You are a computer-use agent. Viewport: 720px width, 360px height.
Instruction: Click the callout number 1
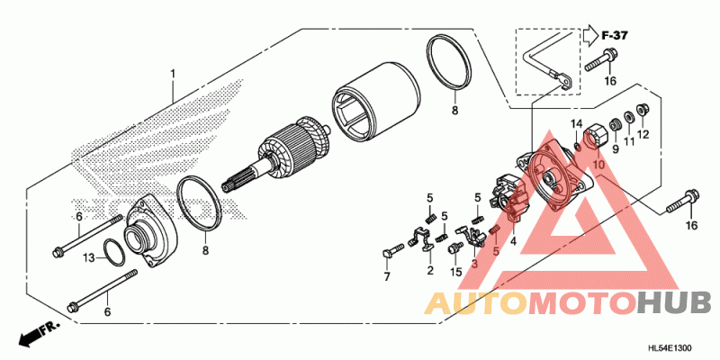coord(173,74)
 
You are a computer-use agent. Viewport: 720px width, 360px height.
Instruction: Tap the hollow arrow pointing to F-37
coord(590,35)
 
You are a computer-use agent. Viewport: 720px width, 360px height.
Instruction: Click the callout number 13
coord(90,258)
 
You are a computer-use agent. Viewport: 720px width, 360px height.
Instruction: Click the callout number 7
coord(386,276)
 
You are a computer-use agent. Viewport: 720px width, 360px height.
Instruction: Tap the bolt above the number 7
coord(392,251)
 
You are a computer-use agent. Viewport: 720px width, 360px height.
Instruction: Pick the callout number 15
coord(455,273)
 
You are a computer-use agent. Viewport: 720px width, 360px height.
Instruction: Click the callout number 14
coord(577,123)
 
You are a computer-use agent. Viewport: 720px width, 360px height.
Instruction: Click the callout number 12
coord(643,134)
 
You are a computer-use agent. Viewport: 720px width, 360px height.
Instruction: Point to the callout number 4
coord(513,239)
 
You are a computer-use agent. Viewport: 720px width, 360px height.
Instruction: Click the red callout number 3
coord(475,264)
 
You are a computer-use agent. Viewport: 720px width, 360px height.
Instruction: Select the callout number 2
coord(430,270)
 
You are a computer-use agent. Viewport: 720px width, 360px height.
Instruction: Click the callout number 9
coord(615,148)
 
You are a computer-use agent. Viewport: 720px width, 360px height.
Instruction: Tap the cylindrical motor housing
coord(375,98)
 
